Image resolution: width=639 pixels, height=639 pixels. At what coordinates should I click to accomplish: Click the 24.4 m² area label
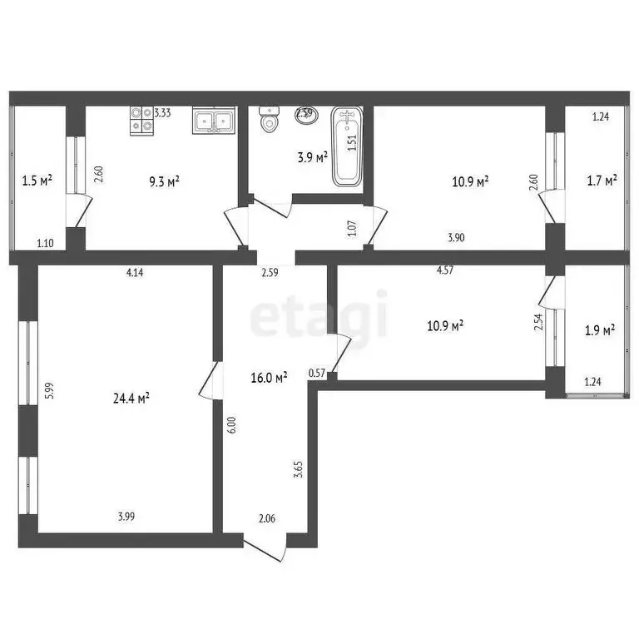[131, 399]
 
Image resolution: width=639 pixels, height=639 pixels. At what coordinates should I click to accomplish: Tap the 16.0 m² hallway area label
[269, 377]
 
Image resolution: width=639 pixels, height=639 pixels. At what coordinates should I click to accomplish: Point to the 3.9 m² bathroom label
[313, 156]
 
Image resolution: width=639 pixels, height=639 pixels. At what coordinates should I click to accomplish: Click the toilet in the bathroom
[269, 121]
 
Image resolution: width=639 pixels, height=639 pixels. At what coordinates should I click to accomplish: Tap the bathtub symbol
[348, 146]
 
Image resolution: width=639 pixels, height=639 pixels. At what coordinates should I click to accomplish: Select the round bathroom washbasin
[305, 114]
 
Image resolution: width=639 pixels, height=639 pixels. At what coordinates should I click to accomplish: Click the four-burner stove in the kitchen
[141, 121]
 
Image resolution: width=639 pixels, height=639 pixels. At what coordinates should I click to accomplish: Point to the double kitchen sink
[215, 121]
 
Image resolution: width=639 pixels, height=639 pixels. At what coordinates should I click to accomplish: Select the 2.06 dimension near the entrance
[266, 519]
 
